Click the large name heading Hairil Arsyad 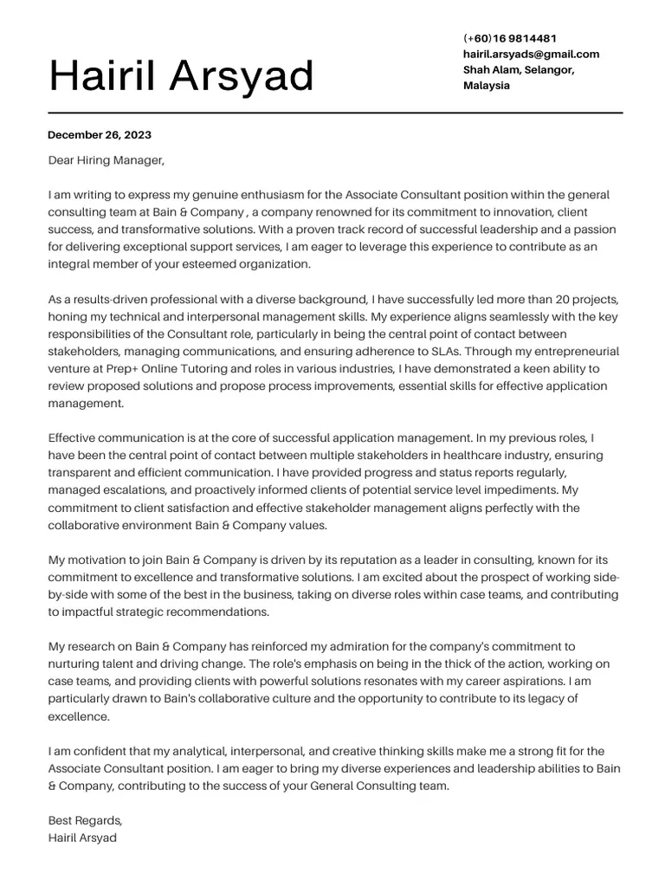click(x=182, y=76)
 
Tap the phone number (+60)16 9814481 click(x=510, y=38)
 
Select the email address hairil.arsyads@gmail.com click(x=531, y=54)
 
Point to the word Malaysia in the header click(x=487, y=85)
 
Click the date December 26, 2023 click(x=100, y=134)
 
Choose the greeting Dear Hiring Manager click(x=106, y=160)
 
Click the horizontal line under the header click(x=335, y=113)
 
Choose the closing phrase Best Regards click(x=85, y=820)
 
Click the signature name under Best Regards click(x=82, y=838)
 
